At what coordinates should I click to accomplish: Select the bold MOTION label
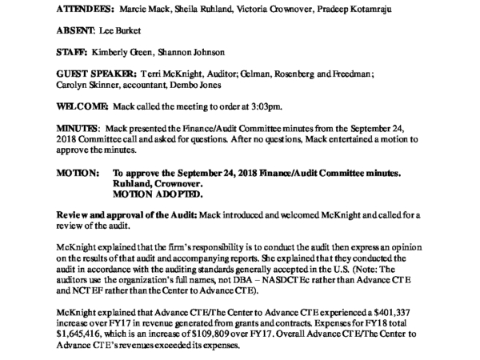click(78, 218)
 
